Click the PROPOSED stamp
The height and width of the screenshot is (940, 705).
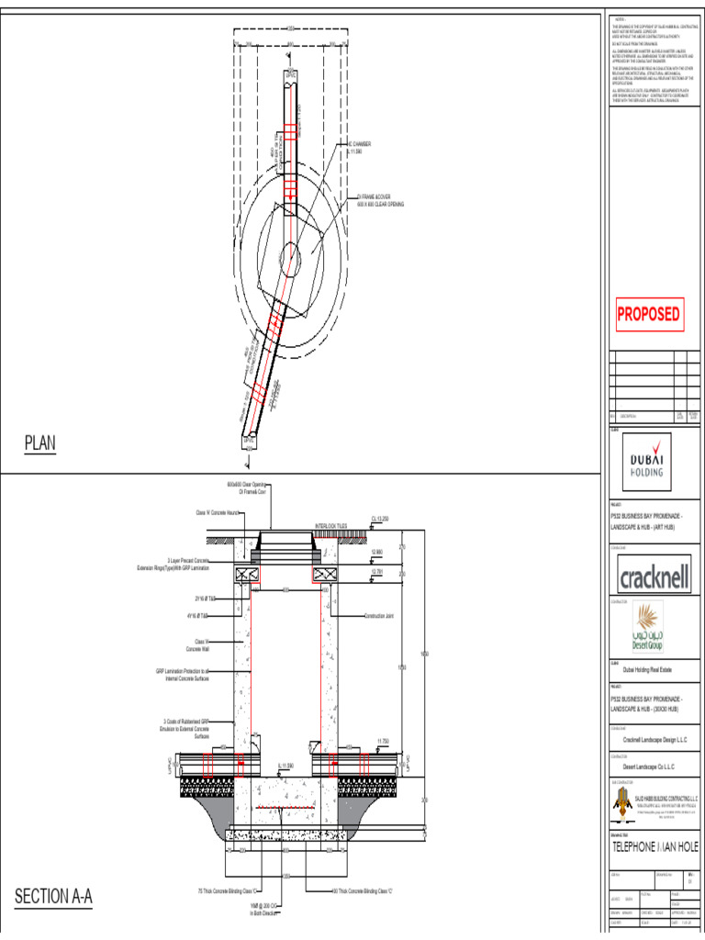pos(648,315)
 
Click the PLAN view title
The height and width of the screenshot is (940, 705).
pos(40,444)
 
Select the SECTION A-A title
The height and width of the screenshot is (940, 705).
pos(54,896)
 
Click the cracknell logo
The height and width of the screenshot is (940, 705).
pos(653,578)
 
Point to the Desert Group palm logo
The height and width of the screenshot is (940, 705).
pos(648,622)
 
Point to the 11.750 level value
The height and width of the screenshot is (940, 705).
pos(386,740)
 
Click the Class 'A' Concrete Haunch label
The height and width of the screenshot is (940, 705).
pos(218,512)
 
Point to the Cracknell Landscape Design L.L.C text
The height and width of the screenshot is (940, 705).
pos(655,740)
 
